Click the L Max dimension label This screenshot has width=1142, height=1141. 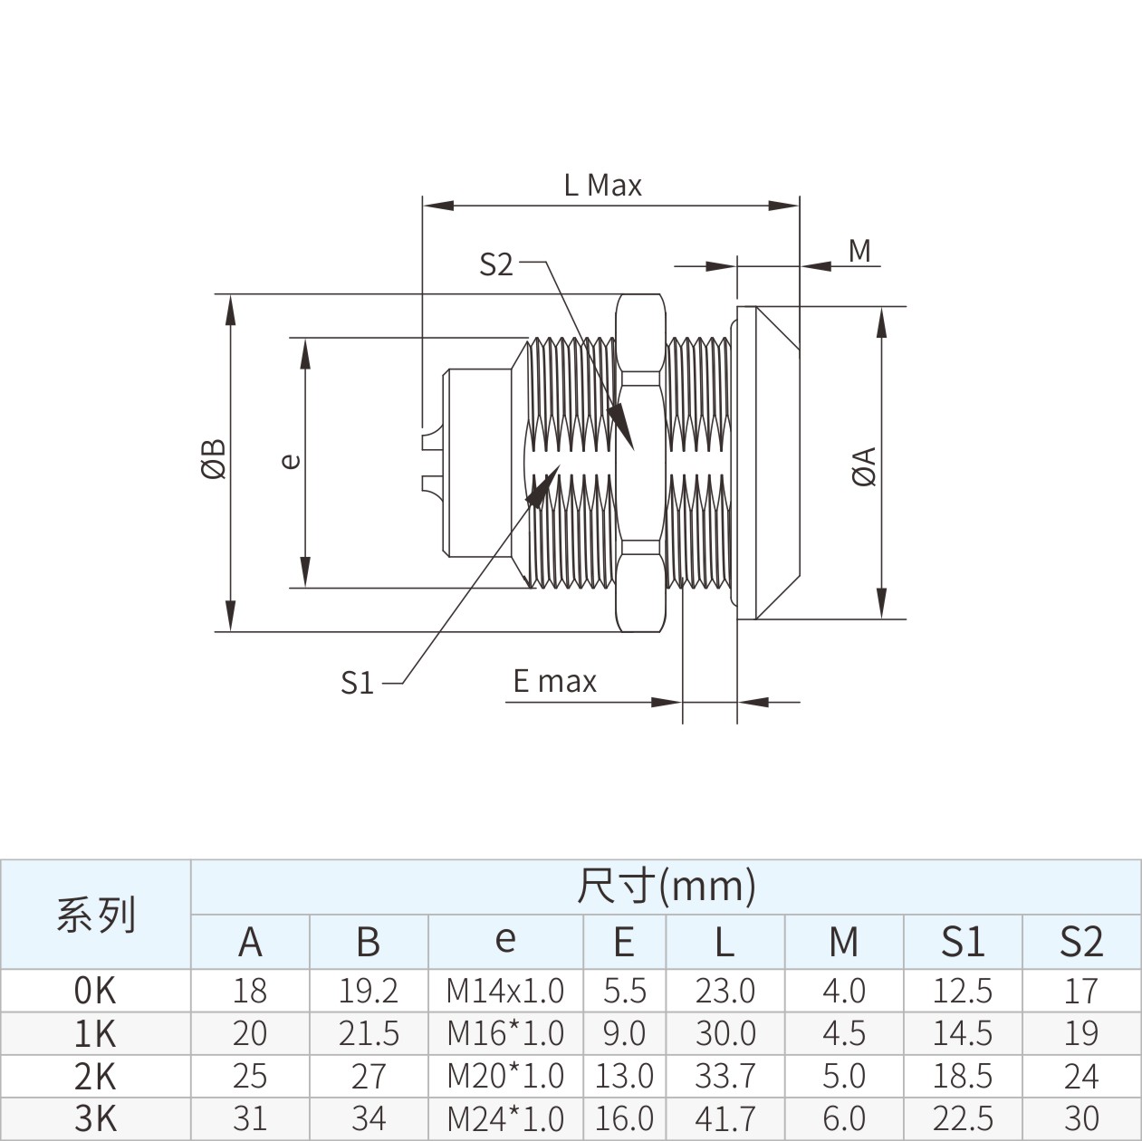[603, 186]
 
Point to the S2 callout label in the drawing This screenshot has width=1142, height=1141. [496, 264]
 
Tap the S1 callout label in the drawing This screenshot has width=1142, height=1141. [357, 682]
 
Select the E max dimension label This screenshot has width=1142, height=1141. [555, 681]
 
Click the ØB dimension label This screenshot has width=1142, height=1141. [214, 459]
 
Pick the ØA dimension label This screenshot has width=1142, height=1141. [864, 466]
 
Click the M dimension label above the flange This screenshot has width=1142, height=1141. [859, 252]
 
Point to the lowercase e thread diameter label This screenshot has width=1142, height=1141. [291, 461]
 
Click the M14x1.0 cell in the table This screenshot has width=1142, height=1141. [505, 991]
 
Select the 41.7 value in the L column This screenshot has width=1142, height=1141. [725, 1118]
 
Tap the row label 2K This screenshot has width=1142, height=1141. [95, 1076]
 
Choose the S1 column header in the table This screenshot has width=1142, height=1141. [963, 941]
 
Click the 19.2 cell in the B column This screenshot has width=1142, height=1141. [368, 991]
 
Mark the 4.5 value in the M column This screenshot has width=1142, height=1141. [844, 1033]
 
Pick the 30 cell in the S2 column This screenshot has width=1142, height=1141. [1081, 1118]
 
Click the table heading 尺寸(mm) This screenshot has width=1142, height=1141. [667, 887]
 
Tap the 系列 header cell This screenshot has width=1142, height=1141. [95, 914]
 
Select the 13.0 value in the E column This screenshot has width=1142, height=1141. [624, 1076]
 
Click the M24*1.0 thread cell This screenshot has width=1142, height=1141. [505, 1118]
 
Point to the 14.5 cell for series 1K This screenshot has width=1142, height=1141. [963, 1033]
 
